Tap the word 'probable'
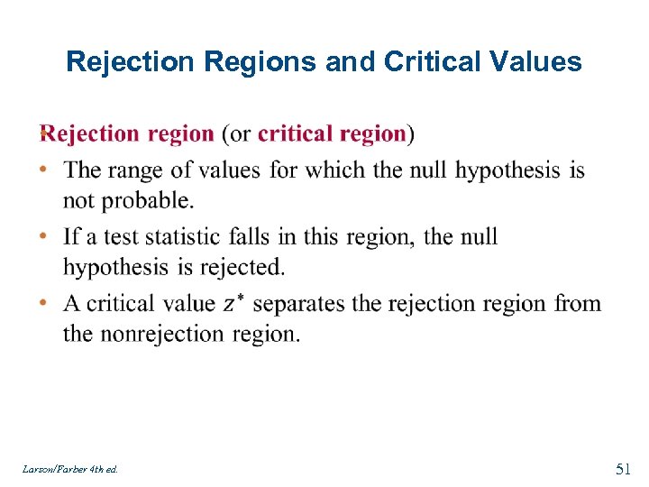(x=149, y=199)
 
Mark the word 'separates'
(x=298, y=303)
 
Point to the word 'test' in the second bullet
(x=119, y=236)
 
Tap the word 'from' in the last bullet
(x=578, y=303)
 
